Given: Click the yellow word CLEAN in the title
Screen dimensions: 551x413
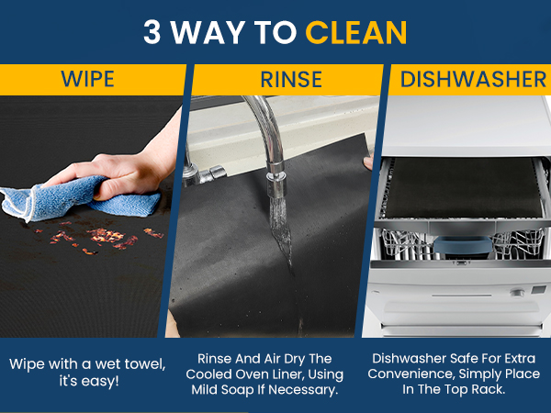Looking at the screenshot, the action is [356, 32].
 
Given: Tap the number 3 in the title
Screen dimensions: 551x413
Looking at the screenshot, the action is [152, 32].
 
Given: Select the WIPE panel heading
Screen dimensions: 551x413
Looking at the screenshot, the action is [87, 79].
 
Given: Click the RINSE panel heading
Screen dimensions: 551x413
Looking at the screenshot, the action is [291, 79].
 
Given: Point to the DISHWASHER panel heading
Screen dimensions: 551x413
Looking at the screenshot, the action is [473, 79].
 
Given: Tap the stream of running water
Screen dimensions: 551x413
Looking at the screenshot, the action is [282, 232].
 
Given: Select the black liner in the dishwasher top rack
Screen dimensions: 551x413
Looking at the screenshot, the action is [462, 188].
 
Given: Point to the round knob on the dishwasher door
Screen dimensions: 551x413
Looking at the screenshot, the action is [516, 293].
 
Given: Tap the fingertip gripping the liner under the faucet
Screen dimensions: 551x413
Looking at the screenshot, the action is [368, 163].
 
